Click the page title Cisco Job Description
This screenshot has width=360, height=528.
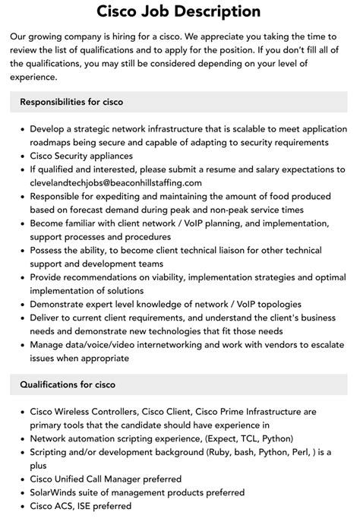(x=179, y=12)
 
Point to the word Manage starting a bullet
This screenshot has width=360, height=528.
(x=49, y=345)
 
